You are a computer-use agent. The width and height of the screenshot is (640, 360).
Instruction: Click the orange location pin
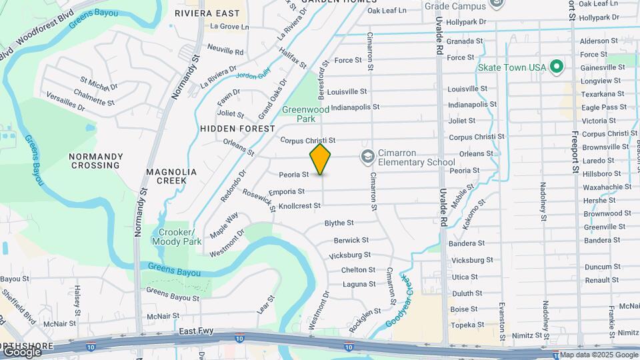[321, 159]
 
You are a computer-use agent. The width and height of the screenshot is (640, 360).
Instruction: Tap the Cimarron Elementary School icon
[367, 157]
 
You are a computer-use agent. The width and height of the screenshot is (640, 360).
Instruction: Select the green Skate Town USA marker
[557, 67]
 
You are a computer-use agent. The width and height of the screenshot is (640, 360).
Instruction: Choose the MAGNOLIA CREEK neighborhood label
[171, 176]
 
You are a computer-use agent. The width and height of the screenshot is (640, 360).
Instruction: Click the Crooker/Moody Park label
[176, 237]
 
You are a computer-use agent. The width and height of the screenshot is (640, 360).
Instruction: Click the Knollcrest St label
[299, 206]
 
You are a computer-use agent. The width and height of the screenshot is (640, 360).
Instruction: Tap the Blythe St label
[339, 223]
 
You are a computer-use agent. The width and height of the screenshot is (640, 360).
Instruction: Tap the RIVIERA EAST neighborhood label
[207, 13]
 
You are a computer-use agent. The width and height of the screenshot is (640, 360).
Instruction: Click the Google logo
[22, 351]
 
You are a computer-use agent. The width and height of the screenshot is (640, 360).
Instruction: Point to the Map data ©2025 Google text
[599, 355]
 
